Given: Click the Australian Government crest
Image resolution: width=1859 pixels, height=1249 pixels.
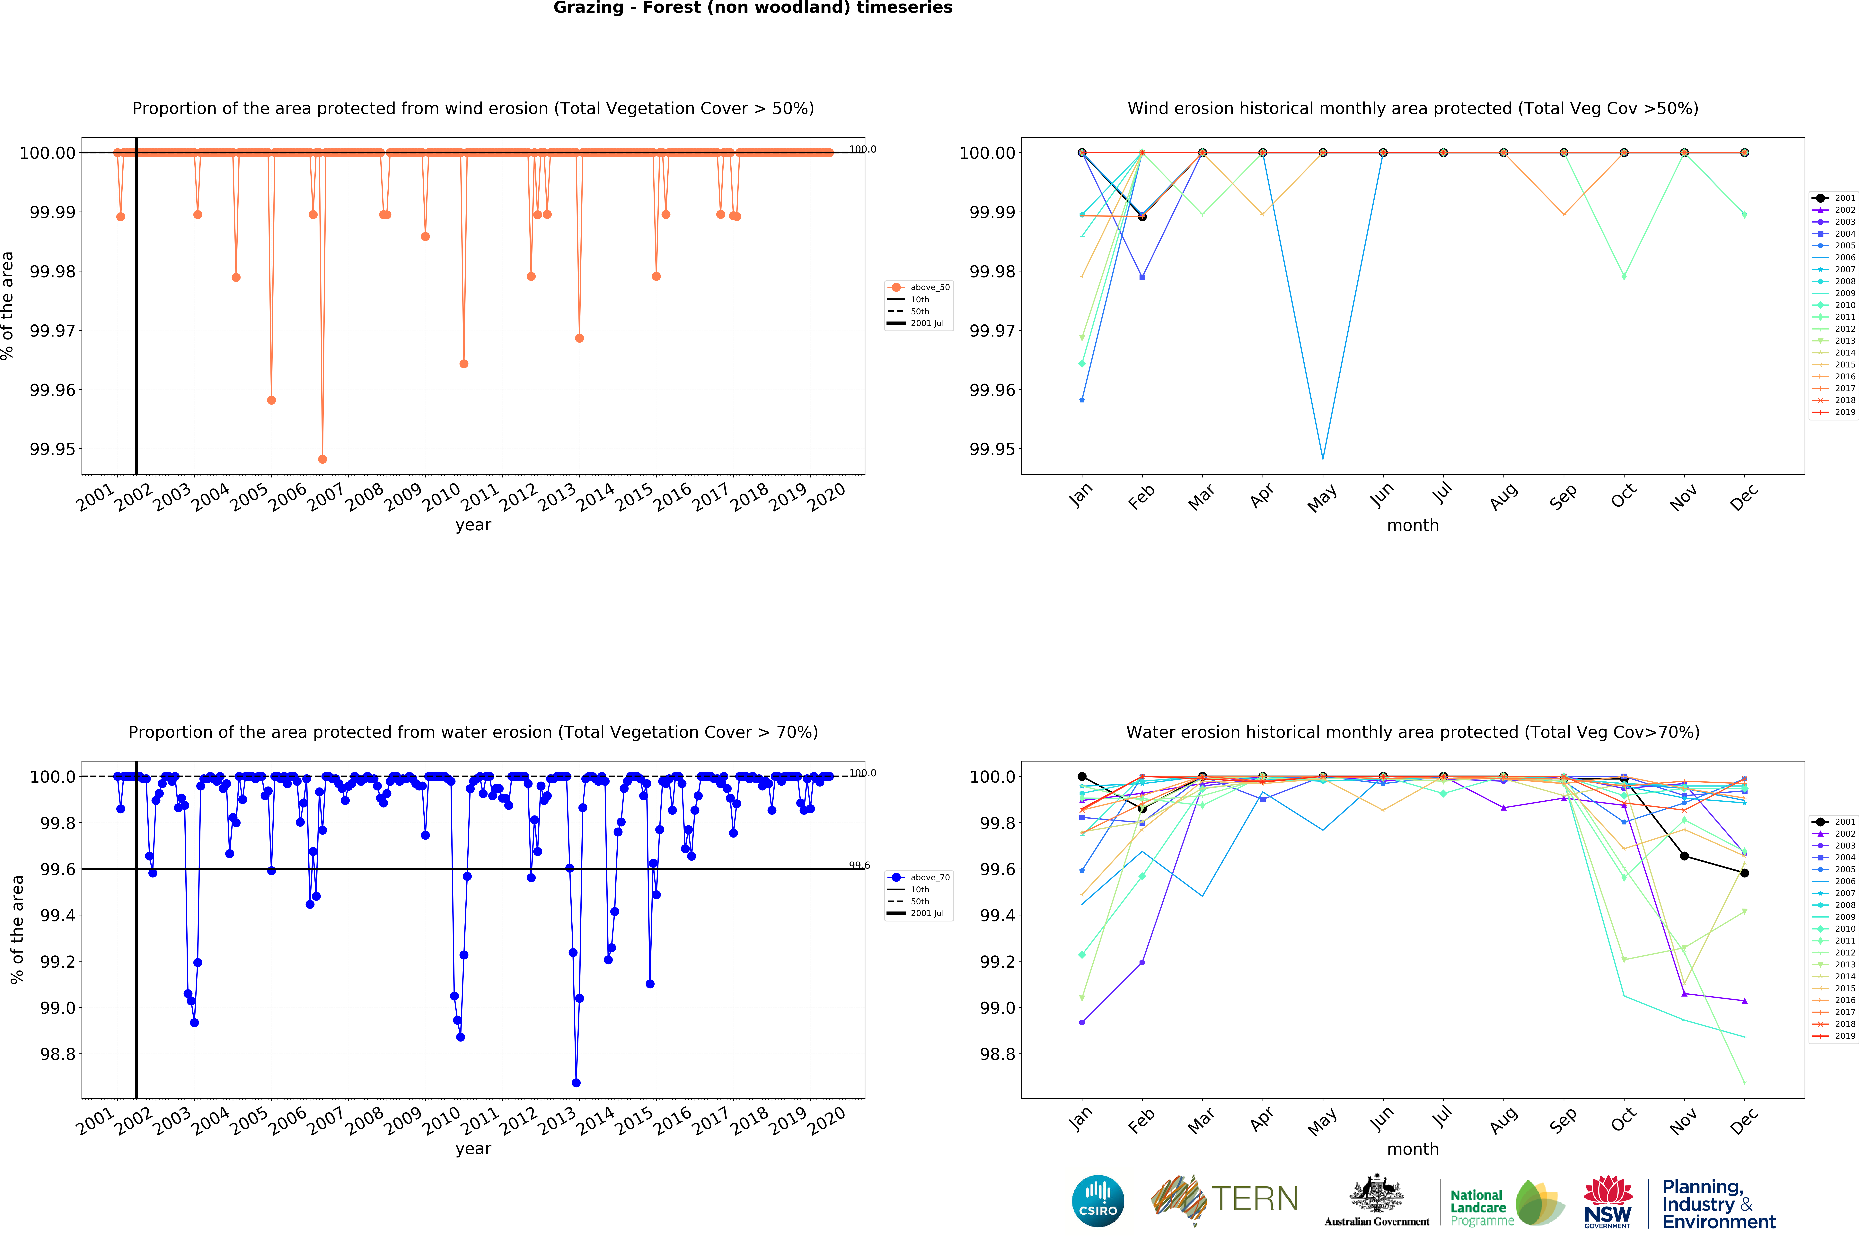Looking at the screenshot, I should click(1376, 1195).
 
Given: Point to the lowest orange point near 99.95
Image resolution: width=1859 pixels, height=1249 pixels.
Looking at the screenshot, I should click(322, 460).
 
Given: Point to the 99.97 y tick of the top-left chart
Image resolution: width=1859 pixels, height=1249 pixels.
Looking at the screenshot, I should click(53, 330).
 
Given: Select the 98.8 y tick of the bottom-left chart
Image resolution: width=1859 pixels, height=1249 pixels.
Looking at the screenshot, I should click(58, 1054).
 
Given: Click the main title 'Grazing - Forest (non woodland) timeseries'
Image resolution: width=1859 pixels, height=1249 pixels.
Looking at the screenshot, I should click(753, 8).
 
